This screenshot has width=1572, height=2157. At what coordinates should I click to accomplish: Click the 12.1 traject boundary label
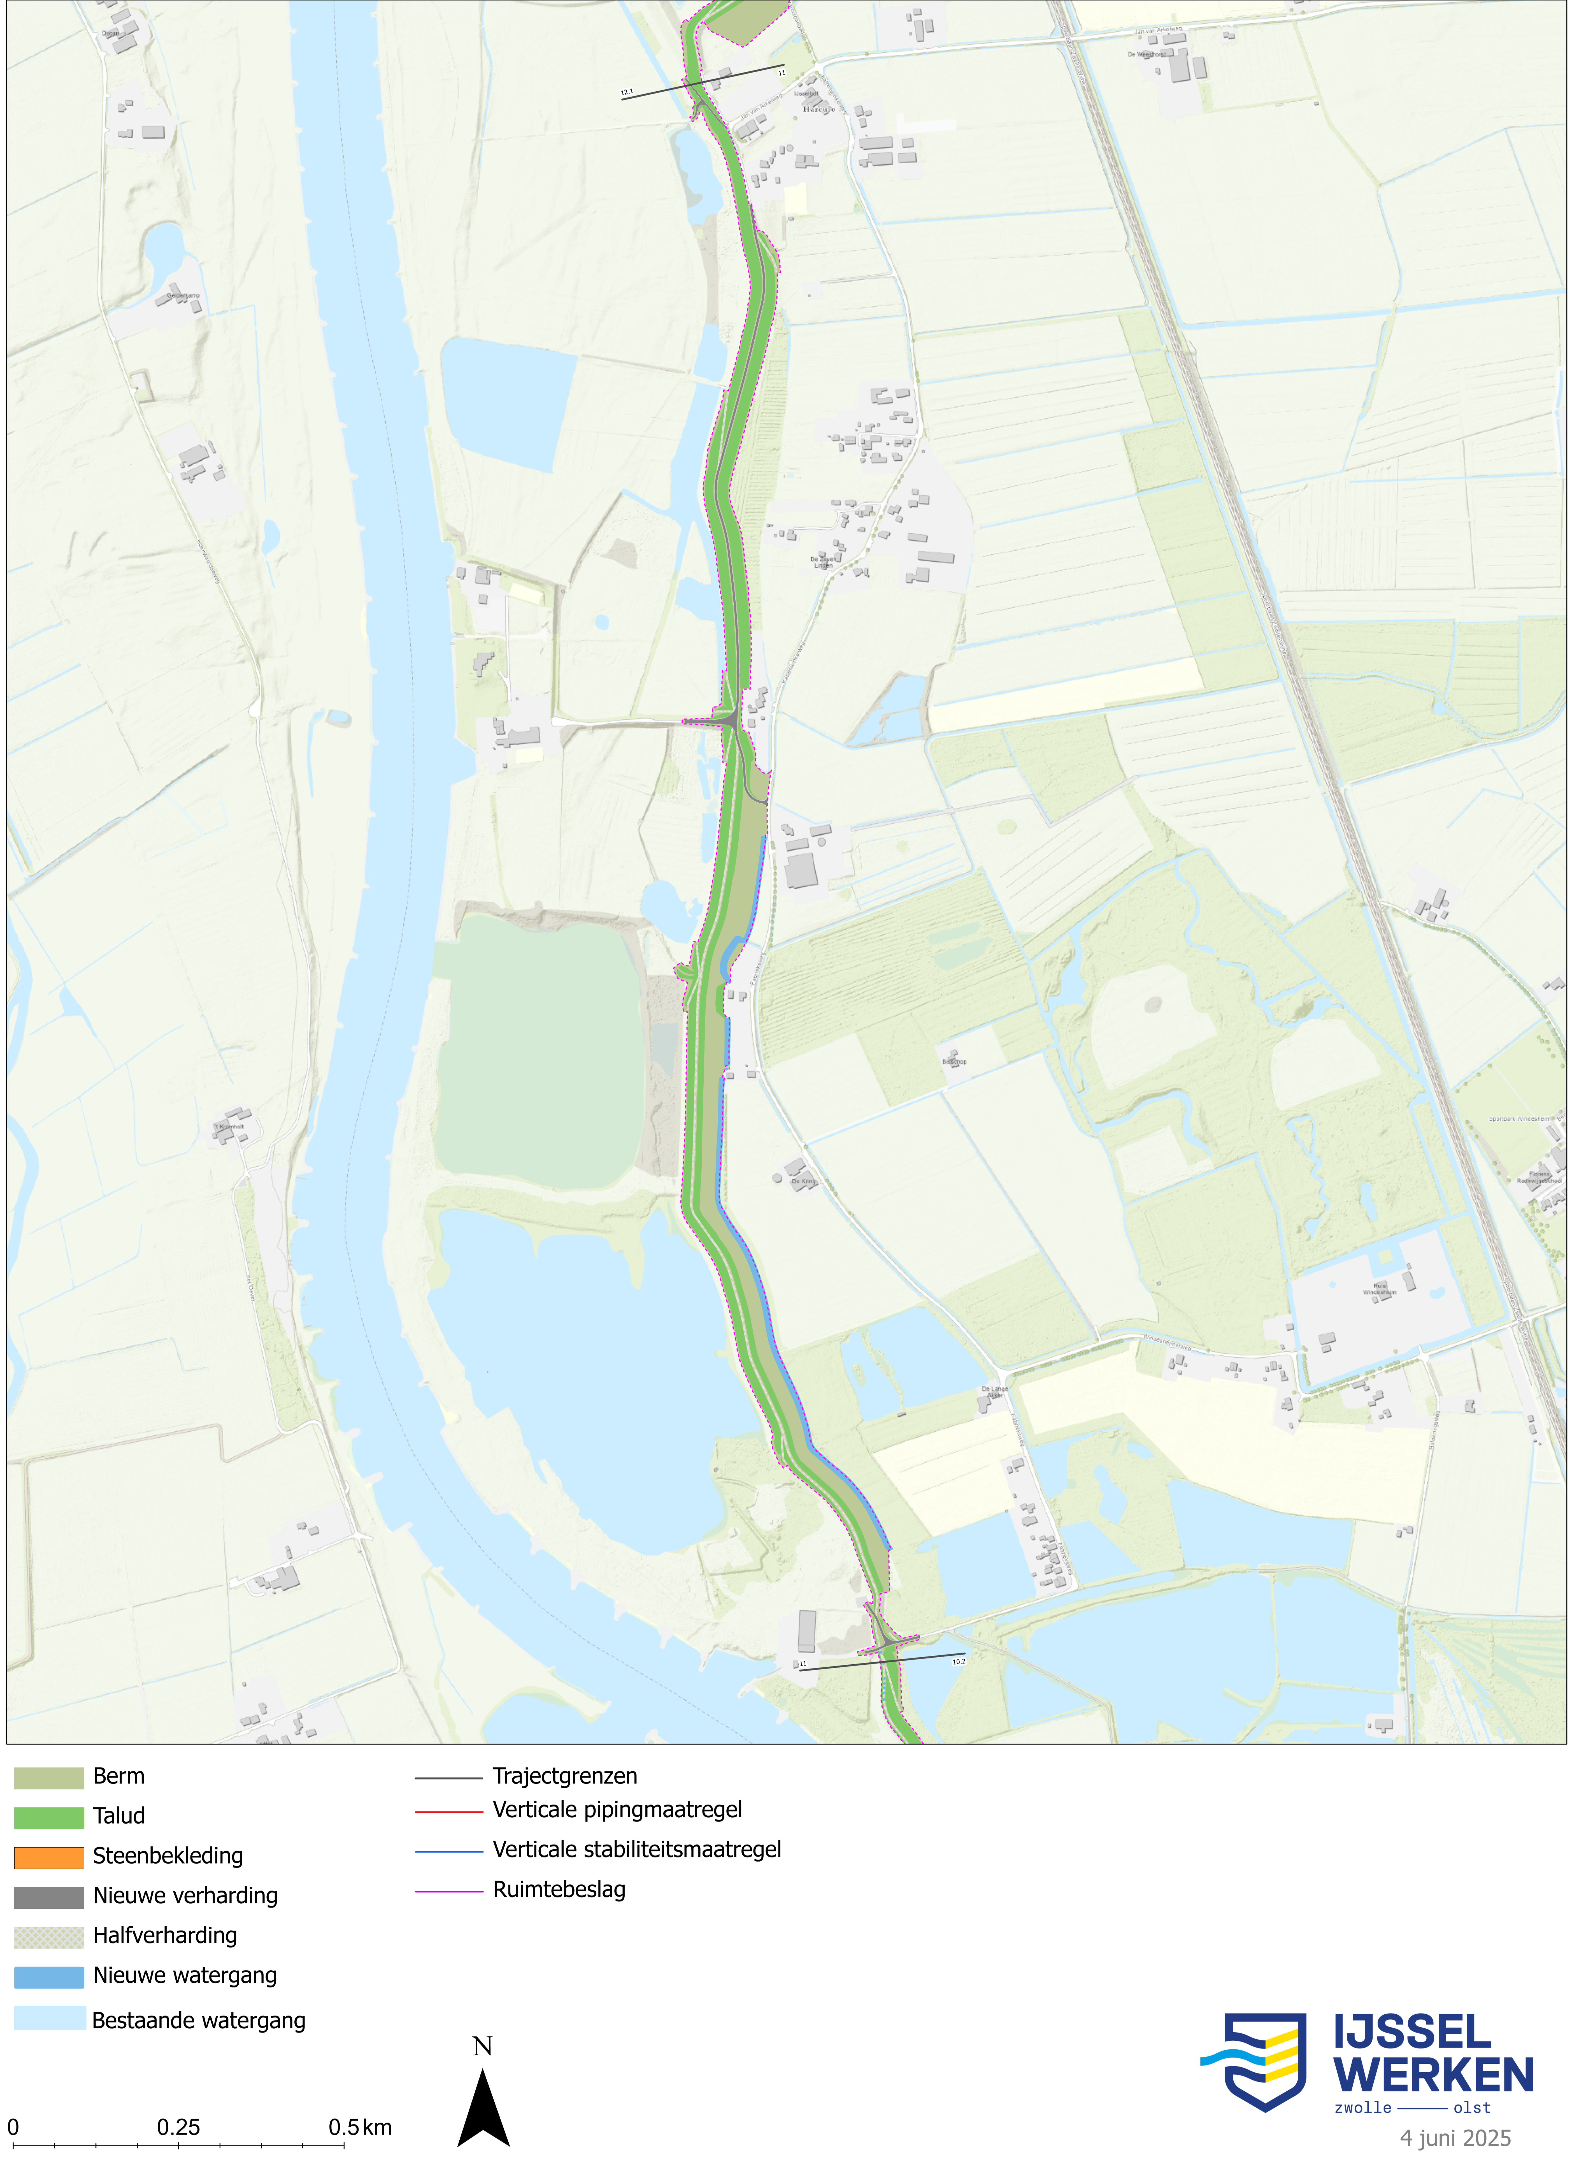click(626, 92)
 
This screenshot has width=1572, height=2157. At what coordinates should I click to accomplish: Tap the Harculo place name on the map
click(818, 110)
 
